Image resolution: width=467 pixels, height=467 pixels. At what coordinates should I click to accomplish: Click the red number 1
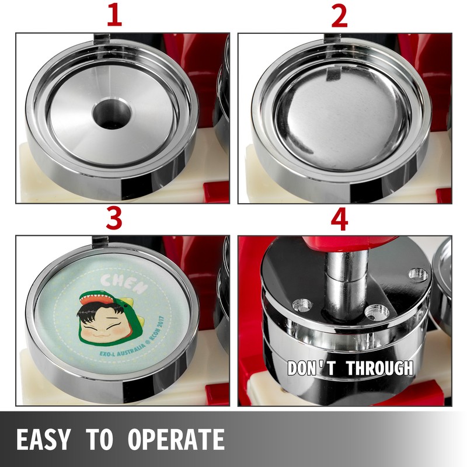tap(114, 16)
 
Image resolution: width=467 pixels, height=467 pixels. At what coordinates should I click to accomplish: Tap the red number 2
tap(339, 16)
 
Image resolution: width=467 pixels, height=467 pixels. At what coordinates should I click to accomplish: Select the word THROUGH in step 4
tap(380, 368)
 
